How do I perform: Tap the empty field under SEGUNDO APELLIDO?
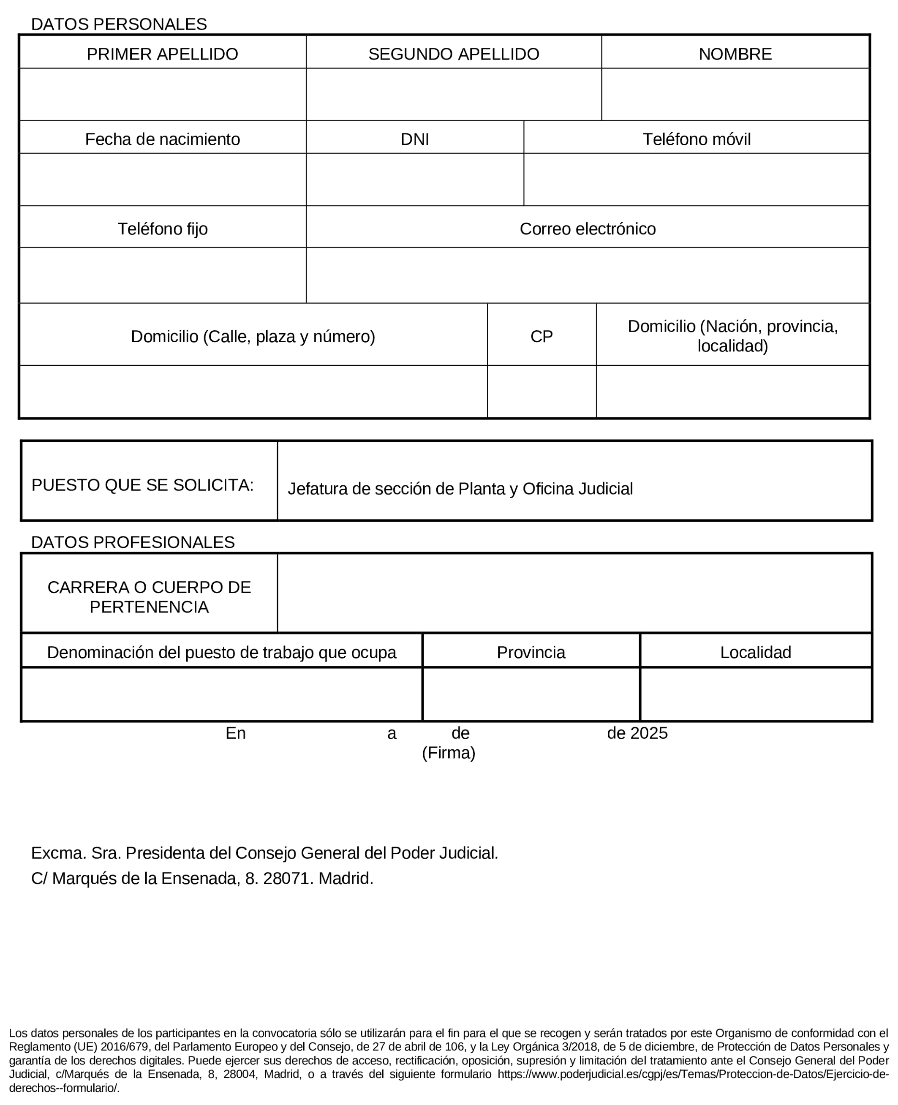click(453, 94)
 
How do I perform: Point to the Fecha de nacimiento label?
click(163, 139)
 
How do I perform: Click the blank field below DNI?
click(414, 179)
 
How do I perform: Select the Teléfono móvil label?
click(696, 139)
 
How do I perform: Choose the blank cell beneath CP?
click(541, 392)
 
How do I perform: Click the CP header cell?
click(541, 336)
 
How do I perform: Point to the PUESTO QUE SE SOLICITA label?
click(142, 485)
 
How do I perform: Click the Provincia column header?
click(530, 652)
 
